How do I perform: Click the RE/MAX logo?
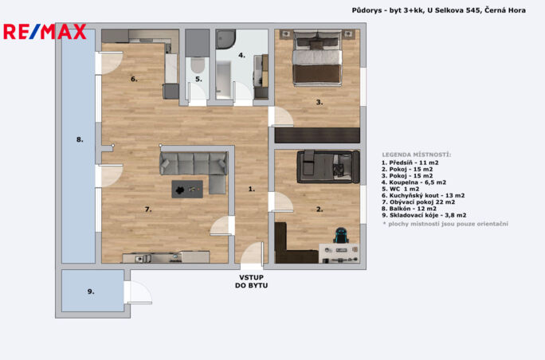point(45,32)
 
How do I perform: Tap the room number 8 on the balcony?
point(80,139)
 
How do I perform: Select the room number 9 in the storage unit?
point(91,292)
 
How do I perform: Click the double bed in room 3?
point(317,57)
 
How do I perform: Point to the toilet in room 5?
point(198,65)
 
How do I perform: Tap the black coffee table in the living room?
point(187,190)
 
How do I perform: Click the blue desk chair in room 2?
point(341,235)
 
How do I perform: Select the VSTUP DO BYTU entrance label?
point(251,281)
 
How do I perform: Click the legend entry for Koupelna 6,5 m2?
point(414,182)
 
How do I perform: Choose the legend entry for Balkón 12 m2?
point(409,209)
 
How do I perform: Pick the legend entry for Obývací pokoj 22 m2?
point(418,202)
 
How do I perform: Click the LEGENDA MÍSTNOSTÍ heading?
point(417,155)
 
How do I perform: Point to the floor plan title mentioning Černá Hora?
point(439,10)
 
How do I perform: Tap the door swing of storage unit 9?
point(139,292)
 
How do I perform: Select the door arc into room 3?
point(281,116)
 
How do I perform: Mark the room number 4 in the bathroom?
point(241,55)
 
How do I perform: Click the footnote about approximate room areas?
point(445,224)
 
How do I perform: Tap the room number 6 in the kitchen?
point(134,79)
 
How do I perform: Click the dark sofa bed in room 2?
point(328,166)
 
